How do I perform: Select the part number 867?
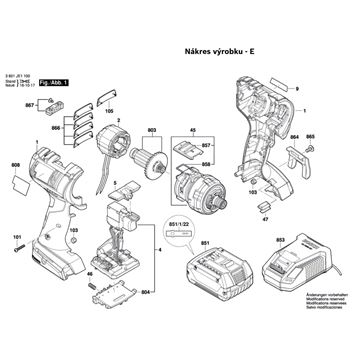pyautogui.click(x=30, y=105)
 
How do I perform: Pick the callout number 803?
pyautogui.click(x=152, y=129)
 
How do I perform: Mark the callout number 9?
pyautogui.click(x=297, y=89)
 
